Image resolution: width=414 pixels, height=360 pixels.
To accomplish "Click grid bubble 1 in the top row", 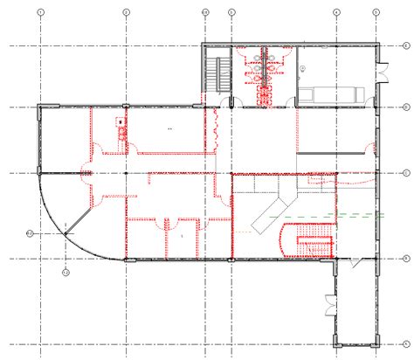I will pyautogui.click(x=40, y=11).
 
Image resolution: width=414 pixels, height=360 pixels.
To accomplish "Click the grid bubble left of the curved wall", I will pyautogui.click(x=29, y=233).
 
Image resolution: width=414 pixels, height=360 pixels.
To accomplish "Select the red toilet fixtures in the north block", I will pyautogui.click(x=263, y=70).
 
